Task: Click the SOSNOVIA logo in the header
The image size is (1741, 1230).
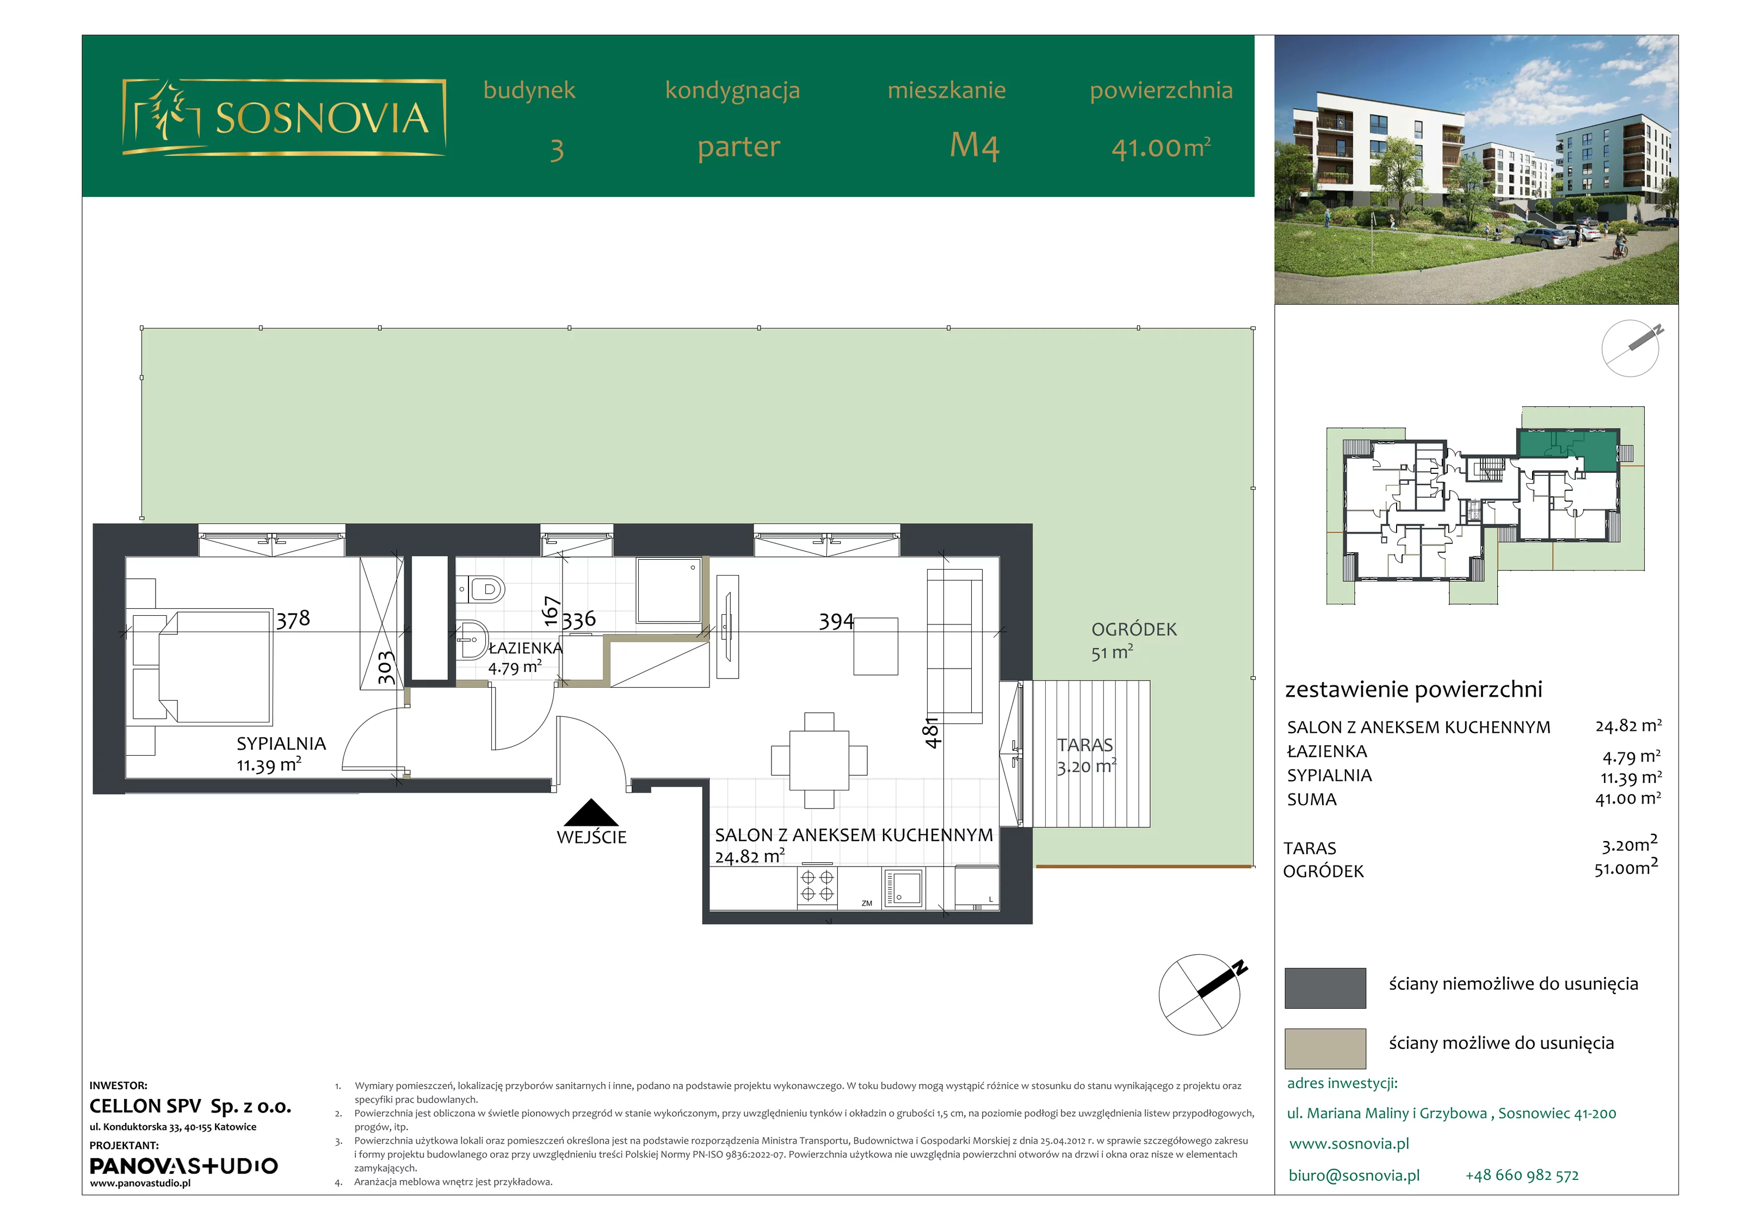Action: (283, 118)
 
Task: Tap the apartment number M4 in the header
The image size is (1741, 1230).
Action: (974, 146)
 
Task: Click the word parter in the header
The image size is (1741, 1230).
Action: (738, 147)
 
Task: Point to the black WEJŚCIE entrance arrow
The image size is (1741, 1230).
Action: (591, 812)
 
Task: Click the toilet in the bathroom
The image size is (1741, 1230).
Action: (481, 589)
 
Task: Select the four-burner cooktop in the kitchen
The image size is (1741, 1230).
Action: (817, 887)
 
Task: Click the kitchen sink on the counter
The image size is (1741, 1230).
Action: (903, 888)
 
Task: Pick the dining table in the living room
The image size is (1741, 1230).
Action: (819, 760)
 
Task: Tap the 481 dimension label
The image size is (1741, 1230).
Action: (932, 733)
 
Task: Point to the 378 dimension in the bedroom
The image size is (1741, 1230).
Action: (293, 620)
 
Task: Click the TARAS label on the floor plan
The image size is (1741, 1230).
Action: (1085, 745)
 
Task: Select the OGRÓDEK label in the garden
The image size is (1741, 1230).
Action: (1134, 629)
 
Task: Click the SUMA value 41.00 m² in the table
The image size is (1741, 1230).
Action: (1628, 799)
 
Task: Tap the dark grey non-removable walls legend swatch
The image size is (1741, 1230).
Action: (1325, 987)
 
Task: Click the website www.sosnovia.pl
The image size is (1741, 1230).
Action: (1349, 1144)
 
